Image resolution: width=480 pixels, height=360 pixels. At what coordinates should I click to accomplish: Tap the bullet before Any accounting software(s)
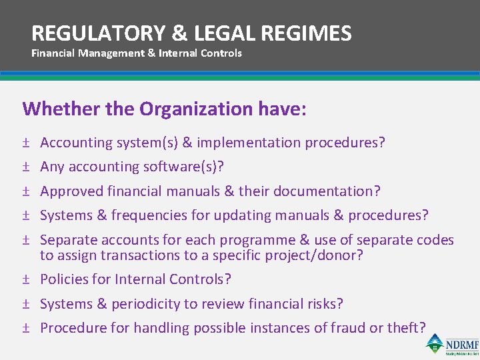(x=25, y=167)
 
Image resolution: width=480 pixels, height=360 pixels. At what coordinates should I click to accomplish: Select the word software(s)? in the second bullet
(x=190, y=167)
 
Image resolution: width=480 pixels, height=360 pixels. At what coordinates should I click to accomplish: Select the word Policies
(x=61, y=279)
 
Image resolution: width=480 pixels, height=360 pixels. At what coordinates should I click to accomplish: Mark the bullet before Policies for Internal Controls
(x=25, y=279)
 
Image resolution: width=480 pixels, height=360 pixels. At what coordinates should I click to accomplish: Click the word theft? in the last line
(x=407, y=328)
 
